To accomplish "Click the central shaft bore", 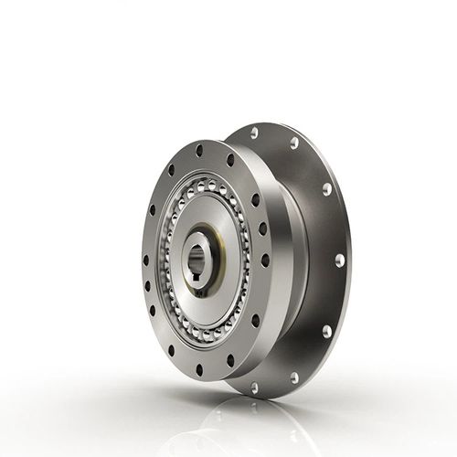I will pyautogui.click(x=203, y=260).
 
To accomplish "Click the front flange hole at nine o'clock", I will pyautogui.click(x=147, y=260).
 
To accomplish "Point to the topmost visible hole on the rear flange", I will pyautogui.click(x=253, y=133).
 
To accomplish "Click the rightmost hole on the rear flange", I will pyautogui.click(x=340, y=260).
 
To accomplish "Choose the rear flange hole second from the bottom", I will pyautogui.click(x=294, y=377).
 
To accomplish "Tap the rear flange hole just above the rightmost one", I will pyautogui.click(x=327, y=189).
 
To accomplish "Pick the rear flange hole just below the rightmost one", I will pyautogui.click(x=327, y=331).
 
